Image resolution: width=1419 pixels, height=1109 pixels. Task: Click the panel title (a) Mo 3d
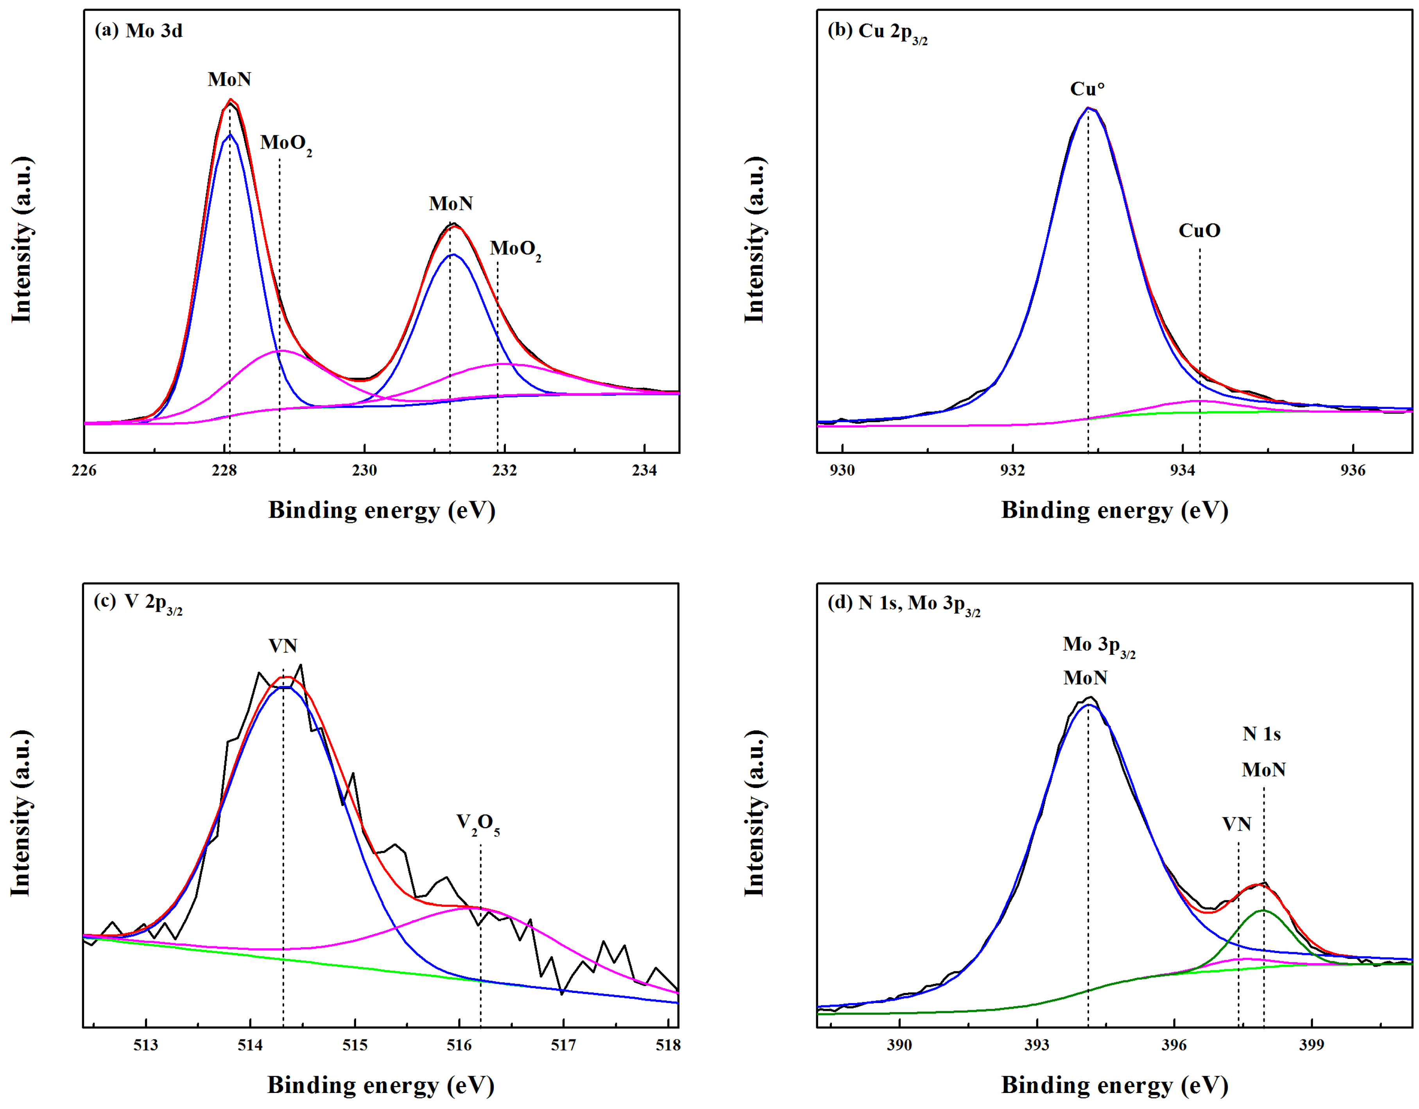[x=138, y=30]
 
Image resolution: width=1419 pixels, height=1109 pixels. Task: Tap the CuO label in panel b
[x=1199, y=231]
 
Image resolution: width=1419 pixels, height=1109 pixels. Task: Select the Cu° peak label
[x=1088, y=89]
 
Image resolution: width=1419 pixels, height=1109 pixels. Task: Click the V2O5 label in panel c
[x=478, y=823]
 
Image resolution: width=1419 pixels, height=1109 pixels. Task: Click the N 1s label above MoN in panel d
[x=1262, y=734]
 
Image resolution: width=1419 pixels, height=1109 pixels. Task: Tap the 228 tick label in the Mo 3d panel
[x=224, y=470]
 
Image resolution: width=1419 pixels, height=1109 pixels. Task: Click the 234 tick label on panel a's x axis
[x=644, y=470]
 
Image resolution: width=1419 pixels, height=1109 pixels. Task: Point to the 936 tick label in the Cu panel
[x=1353, y=470]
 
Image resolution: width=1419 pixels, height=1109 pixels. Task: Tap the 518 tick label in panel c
[x=668, y=1045]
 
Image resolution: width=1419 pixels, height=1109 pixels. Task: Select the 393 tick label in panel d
[x=1037, y=1045]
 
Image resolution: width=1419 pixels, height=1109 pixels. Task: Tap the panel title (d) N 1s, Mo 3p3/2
[x=903, y=604]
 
